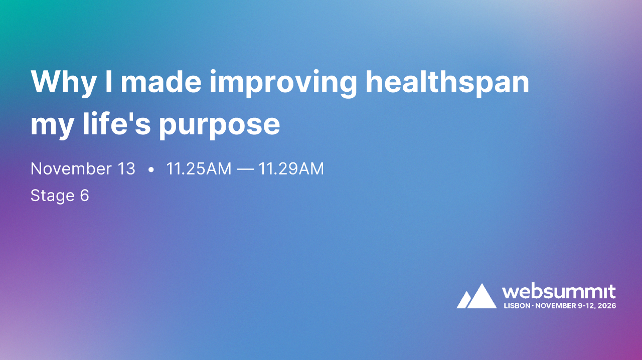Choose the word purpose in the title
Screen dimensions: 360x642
219,125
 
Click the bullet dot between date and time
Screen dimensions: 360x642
150,170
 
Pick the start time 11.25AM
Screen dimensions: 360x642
199,169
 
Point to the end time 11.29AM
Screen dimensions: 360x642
291,169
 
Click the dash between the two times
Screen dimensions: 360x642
245,169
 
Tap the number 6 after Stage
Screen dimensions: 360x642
84,195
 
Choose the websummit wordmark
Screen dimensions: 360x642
559,291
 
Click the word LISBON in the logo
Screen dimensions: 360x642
517,305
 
